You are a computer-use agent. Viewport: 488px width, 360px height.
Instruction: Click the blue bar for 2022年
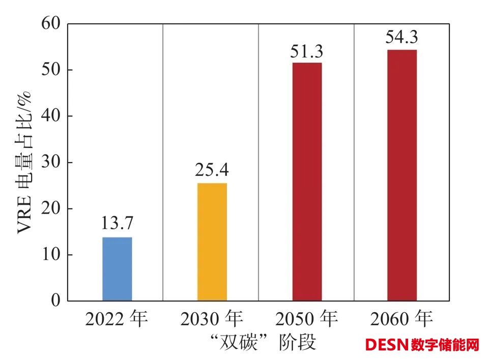pos(117,269)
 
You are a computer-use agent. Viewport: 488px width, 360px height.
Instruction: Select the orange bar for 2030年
pos(212,242)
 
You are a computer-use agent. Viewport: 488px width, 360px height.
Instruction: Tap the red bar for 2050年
pos(307,182)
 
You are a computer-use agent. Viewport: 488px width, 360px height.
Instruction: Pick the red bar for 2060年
pos(401,175)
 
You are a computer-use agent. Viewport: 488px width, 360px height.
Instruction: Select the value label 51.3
pos(307,51)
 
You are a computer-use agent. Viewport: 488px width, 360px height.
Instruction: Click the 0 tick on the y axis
pos(54,301)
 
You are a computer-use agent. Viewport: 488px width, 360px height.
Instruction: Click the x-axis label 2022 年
pos(117,319)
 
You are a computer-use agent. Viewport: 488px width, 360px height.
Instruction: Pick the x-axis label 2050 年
pos(306,319)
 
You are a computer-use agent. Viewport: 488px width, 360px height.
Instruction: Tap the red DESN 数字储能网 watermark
pos(422,345)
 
